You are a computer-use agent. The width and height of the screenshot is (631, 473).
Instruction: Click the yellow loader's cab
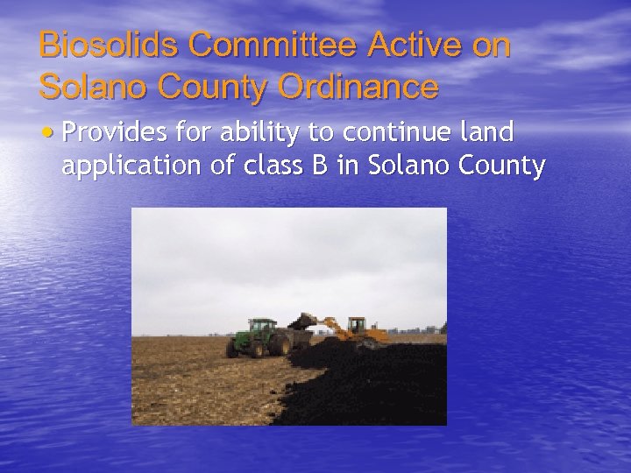pos(356,327)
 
